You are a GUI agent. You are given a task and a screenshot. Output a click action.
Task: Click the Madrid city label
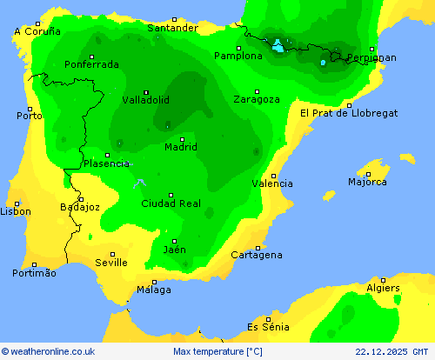pos(181,147)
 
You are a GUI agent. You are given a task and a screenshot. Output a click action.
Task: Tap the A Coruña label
pos(37,30)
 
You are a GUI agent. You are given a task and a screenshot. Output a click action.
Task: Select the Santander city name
pos(172,28)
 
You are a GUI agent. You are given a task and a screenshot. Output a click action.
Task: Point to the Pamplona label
pos(238,56)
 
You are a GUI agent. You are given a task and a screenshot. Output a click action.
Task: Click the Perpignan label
pos(371,57)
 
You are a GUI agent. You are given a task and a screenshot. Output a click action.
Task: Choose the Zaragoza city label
pos(257,99)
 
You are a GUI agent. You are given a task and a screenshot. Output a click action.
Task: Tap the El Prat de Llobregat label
pos(349,113)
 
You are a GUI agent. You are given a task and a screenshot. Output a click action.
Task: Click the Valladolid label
pos(145,99)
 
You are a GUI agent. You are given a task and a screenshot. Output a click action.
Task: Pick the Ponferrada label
pos(91,63)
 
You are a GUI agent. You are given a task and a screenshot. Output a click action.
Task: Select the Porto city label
pos(30,115)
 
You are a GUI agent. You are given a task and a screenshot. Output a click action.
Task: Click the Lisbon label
pos(16,211)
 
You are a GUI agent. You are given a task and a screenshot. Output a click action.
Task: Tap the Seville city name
pos(111,262)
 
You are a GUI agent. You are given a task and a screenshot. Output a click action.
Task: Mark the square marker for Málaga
pos(155,282)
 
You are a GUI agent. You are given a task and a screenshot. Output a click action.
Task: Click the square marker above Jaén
pos(174,241)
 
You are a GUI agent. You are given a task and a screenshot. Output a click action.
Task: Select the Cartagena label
pos(257,255)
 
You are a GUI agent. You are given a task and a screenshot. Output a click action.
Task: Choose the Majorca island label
pos(367,182)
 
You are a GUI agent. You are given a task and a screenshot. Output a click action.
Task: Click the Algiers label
pos(384,288)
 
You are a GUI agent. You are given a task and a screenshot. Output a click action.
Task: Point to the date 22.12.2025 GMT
pos(392,351)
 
